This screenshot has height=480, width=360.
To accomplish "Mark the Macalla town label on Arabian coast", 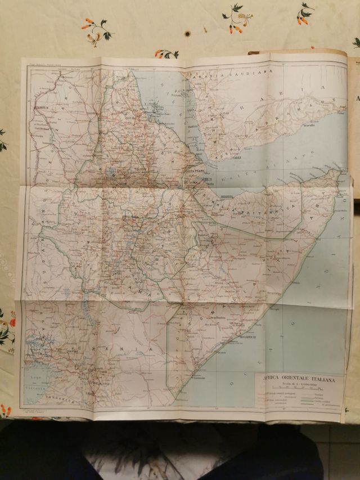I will pos(308,126).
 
